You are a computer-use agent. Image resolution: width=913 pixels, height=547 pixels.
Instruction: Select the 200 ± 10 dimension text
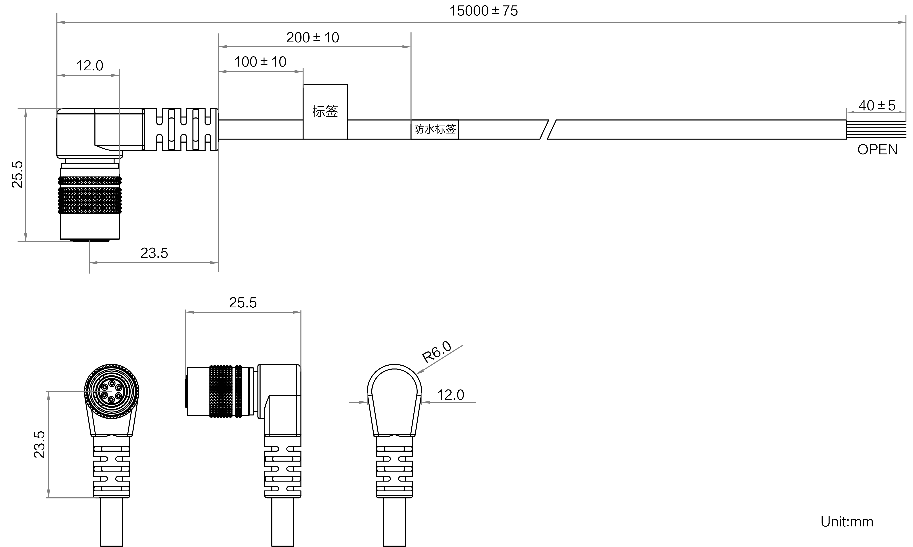(x=313, y=38)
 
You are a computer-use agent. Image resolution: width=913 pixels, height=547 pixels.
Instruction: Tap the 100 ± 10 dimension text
(x=260, y=62)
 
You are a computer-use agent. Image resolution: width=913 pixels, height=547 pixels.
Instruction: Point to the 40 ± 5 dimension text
(x=877, y=106)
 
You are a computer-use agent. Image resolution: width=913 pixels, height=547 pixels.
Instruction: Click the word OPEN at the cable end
(x=877, y=150)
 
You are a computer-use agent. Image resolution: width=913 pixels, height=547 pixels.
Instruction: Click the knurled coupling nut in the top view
(x=90, y=195)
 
